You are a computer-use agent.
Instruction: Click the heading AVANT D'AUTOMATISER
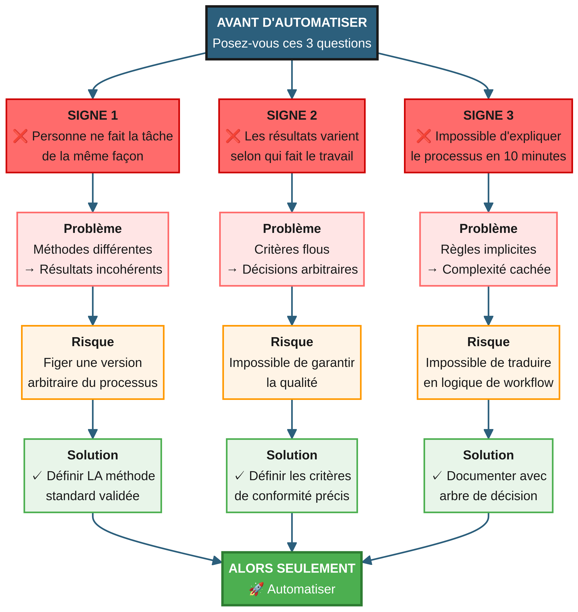coord(292,23)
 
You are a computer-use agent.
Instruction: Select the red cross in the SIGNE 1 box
coord(20,136)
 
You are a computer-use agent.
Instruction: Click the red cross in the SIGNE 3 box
coord(424,136)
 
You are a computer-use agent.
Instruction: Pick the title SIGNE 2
coord(292,115)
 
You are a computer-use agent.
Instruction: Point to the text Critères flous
coord(292,249)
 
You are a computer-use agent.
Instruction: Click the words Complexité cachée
coord(496,269)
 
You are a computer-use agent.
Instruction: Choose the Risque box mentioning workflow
coord(488,362)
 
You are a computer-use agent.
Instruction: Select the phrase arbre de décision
coord(488,496)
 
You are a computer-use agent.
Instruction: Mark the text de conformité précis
coord(292,496)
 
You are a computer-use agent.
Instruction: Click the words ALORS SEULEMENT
coord(292,568)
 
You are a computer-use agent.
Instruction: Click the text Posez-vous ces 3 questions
coord(292,43)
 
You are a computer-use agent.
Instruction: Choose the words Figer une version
coord(93,363)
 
